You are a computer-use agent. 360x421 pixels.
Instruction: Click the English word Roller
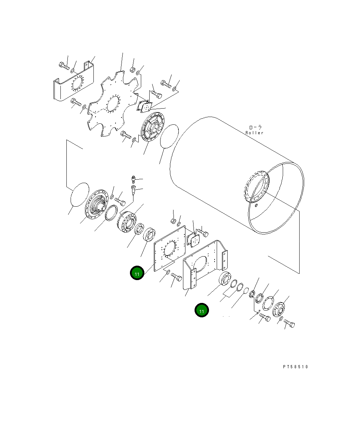(254, 133)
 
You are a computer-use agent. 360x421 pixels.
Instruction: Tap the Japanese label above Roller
(255, 128)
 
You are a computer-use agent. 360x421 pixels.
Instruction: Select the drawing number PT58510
(295, 367)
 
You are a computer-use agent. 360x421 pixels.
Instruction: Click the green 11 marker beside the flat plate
(137, 273)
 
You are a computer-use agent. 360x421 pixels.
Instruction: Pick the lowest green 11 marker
(202, 311)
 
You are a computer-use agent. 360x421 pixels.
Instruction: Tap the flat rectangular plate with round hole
(170, 248)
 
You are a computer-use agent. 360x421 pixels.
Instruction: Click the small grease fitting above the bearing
(133, 179)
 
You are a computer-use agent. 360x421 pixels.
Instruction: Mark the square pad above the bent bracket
(194, 240)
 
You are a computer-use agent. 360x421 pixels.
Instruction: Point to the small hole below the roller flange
(257, 205)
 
